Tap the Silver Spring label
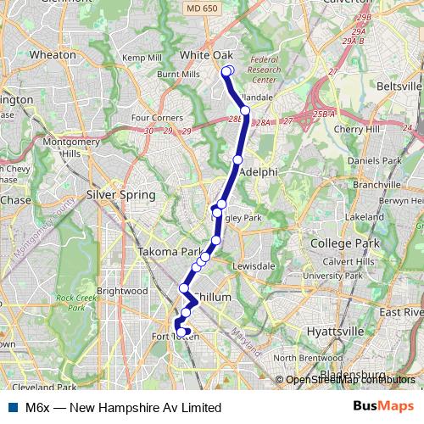pyautogui.click(x=121, y=195)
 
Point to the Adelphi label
pyautogui.click(x=259, y=171)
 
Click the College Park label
pyautogui.click(x=338, y=243)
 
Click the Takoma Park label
pyautogui.click(x=170, y=252)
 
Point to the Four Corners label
pyautogui.click(x=152, y=117)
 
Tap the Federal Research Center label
pyautogui.click(x=264, y=70)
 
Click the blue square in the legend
pyautogui.click(x=12, y=407)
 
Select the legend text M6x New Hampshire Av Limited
pyautogui.click(x=123, y=408)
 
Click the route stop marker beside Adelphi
pyautogui.click(x=237, y=159)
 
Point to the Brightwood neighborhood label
pyautogui.click(x=122, y=291)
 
